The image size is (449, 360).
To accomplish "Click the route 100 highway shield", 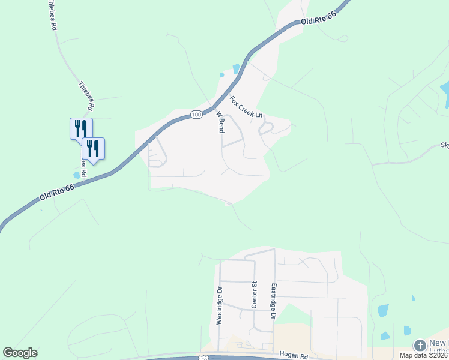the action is (x=196, y=114).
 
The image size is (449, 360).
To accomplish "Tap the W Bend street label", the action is (x=220, y=122).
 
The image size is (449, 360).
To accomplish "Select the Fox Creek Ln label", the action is (x=247, y=106).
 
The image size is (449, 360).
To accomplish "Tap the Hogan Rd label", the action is (x=290, y=356).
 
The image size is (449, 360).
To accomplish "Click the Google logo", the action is (x=20, y=353).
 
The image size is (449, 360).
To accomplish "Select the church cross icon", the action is (x=420, y=346).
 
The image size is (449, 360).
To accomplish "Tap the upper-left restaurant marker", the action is (x=80, y=127).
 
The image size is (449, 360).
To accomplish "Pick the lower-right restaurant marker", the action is (x=93, y=147).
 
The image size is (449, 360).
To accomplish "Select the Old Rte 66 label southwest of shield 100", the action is (x=57, y=193).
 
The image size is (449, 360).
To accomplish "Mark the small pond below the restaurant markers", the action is (x=76, y=175).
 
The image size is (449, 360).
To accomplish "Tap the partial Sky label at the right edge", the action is (x=444, y=145).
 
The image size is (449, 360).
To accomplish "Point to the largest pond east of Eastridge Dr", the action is (x=382, y=310).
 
